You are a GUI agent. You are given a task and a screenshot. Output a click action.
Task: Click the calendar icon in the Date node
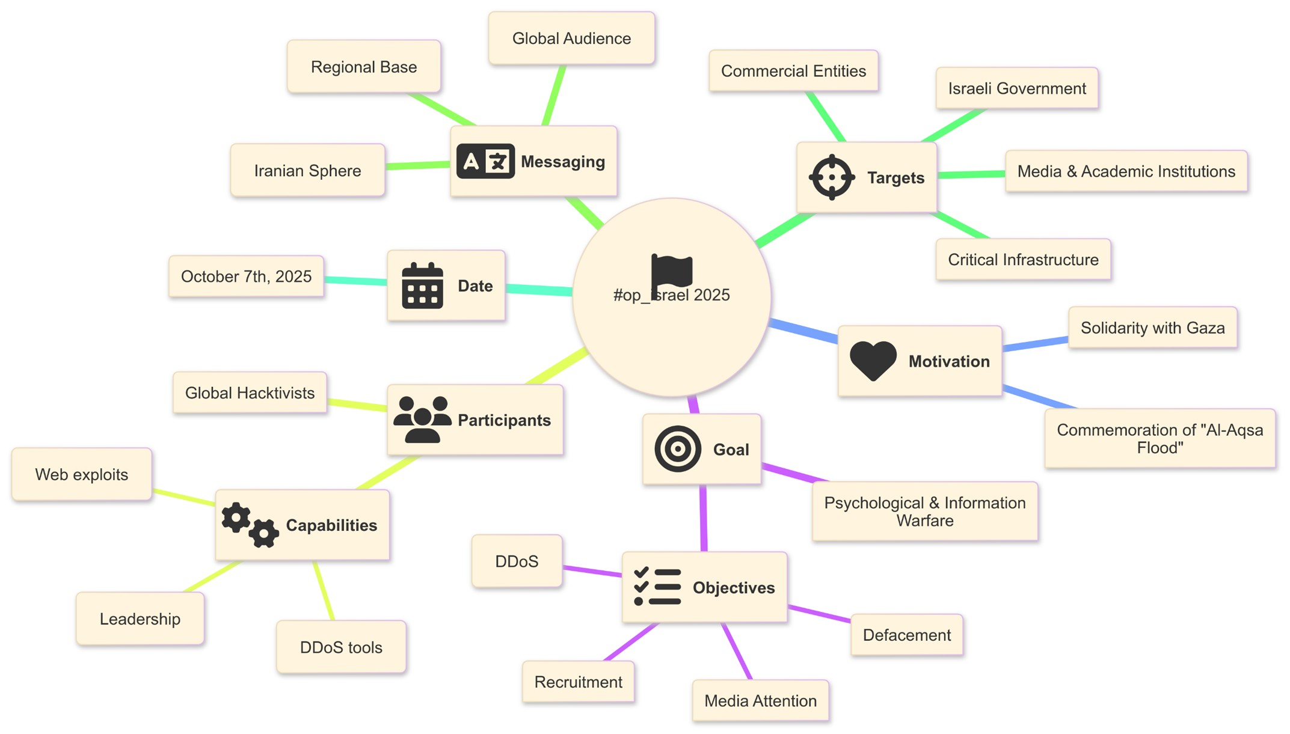[x=422, y=286]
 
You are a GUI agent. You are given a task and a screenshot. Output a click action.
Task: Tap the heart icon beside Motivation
[x=873, y=361]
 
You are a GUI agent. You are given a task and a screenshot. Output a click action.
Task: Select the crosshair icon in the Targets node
[x=832, y=177]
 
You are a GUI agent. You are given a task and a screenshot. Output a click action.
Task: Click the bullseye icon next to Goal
[x=678, y=449]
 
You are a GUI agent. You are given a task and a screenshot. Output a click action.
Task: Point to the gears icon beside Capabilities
[x=250, y=525]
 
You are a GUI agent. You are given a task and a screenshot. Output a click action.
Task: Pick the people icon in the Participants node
[x=422, y=420]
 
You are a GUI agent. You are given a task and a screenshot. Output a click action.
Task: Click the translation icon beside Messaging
[x=485, y=161]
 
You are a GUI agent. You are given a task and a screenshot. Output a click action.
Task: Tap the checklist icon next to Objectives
[x=657, y=587]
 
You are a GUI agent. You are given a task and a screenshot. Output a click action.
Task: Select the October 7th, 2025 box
[x=246, y=277]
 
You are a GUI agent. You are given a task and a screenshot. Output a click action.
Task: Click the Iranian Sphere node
[x=307, y=171]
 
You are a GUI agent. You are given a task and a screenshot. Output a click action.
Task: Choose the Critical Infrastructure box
[x=1023, y=260]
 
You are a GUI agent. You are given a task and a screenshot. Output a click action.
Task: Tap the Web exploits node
[x=82, y=474]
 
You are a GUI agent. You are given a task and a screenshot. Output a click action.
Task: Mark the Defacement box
[x=906, y=635]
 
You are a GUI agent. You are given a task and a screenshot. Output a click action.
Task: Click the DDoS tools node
[x=341, y=647]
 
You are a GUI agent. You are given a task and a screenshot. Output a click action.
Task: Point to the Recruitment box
[x=578, y=682]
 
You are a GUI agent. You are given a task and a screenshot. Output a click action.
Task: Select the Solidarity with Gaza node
[x=1152, y=328]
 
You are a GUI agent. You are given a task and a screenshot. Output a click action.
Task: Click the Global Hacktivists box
[x=250, y=393]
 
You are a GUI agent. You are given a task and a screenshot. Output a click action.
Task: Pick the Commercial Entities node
[x=793, y=71]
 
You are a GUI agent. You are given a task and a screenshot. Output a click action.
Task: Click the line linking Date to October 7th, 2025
[x=355, y=280]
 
